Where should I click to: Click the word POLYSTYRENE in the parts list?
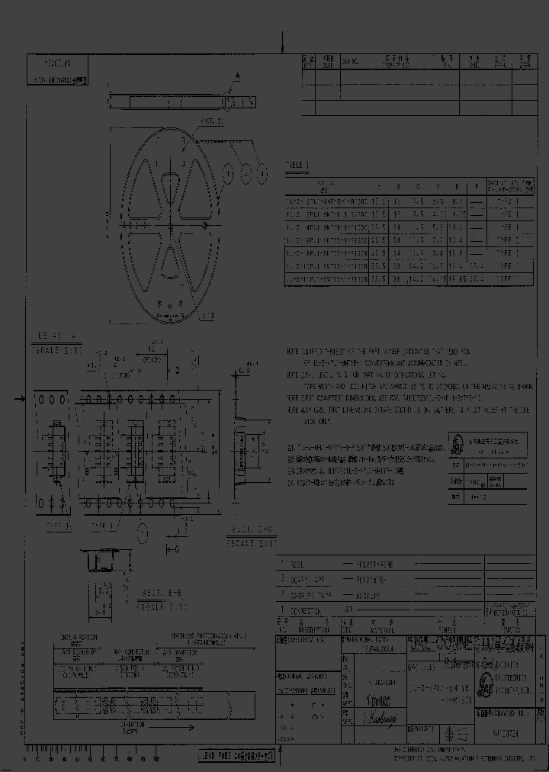click(374, 564)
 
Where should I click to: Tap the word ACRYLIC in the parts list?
click(370, 594)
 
